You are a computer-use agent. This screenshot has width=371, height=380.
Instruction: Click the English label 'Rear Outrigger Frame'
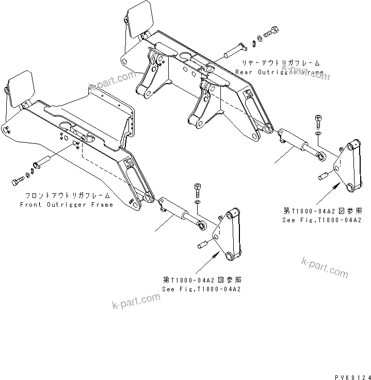(x=279, y=72)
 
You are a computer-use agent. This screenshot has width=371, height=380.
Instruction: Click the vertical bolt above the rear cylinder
(x=318, y=122)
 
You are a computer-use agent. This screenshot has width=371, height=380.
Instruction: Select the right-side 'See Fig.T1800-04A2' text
(x=321, y=220)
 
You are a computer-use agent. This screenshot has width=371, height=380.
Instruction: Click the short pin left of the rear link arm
(x=325, y=175)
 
